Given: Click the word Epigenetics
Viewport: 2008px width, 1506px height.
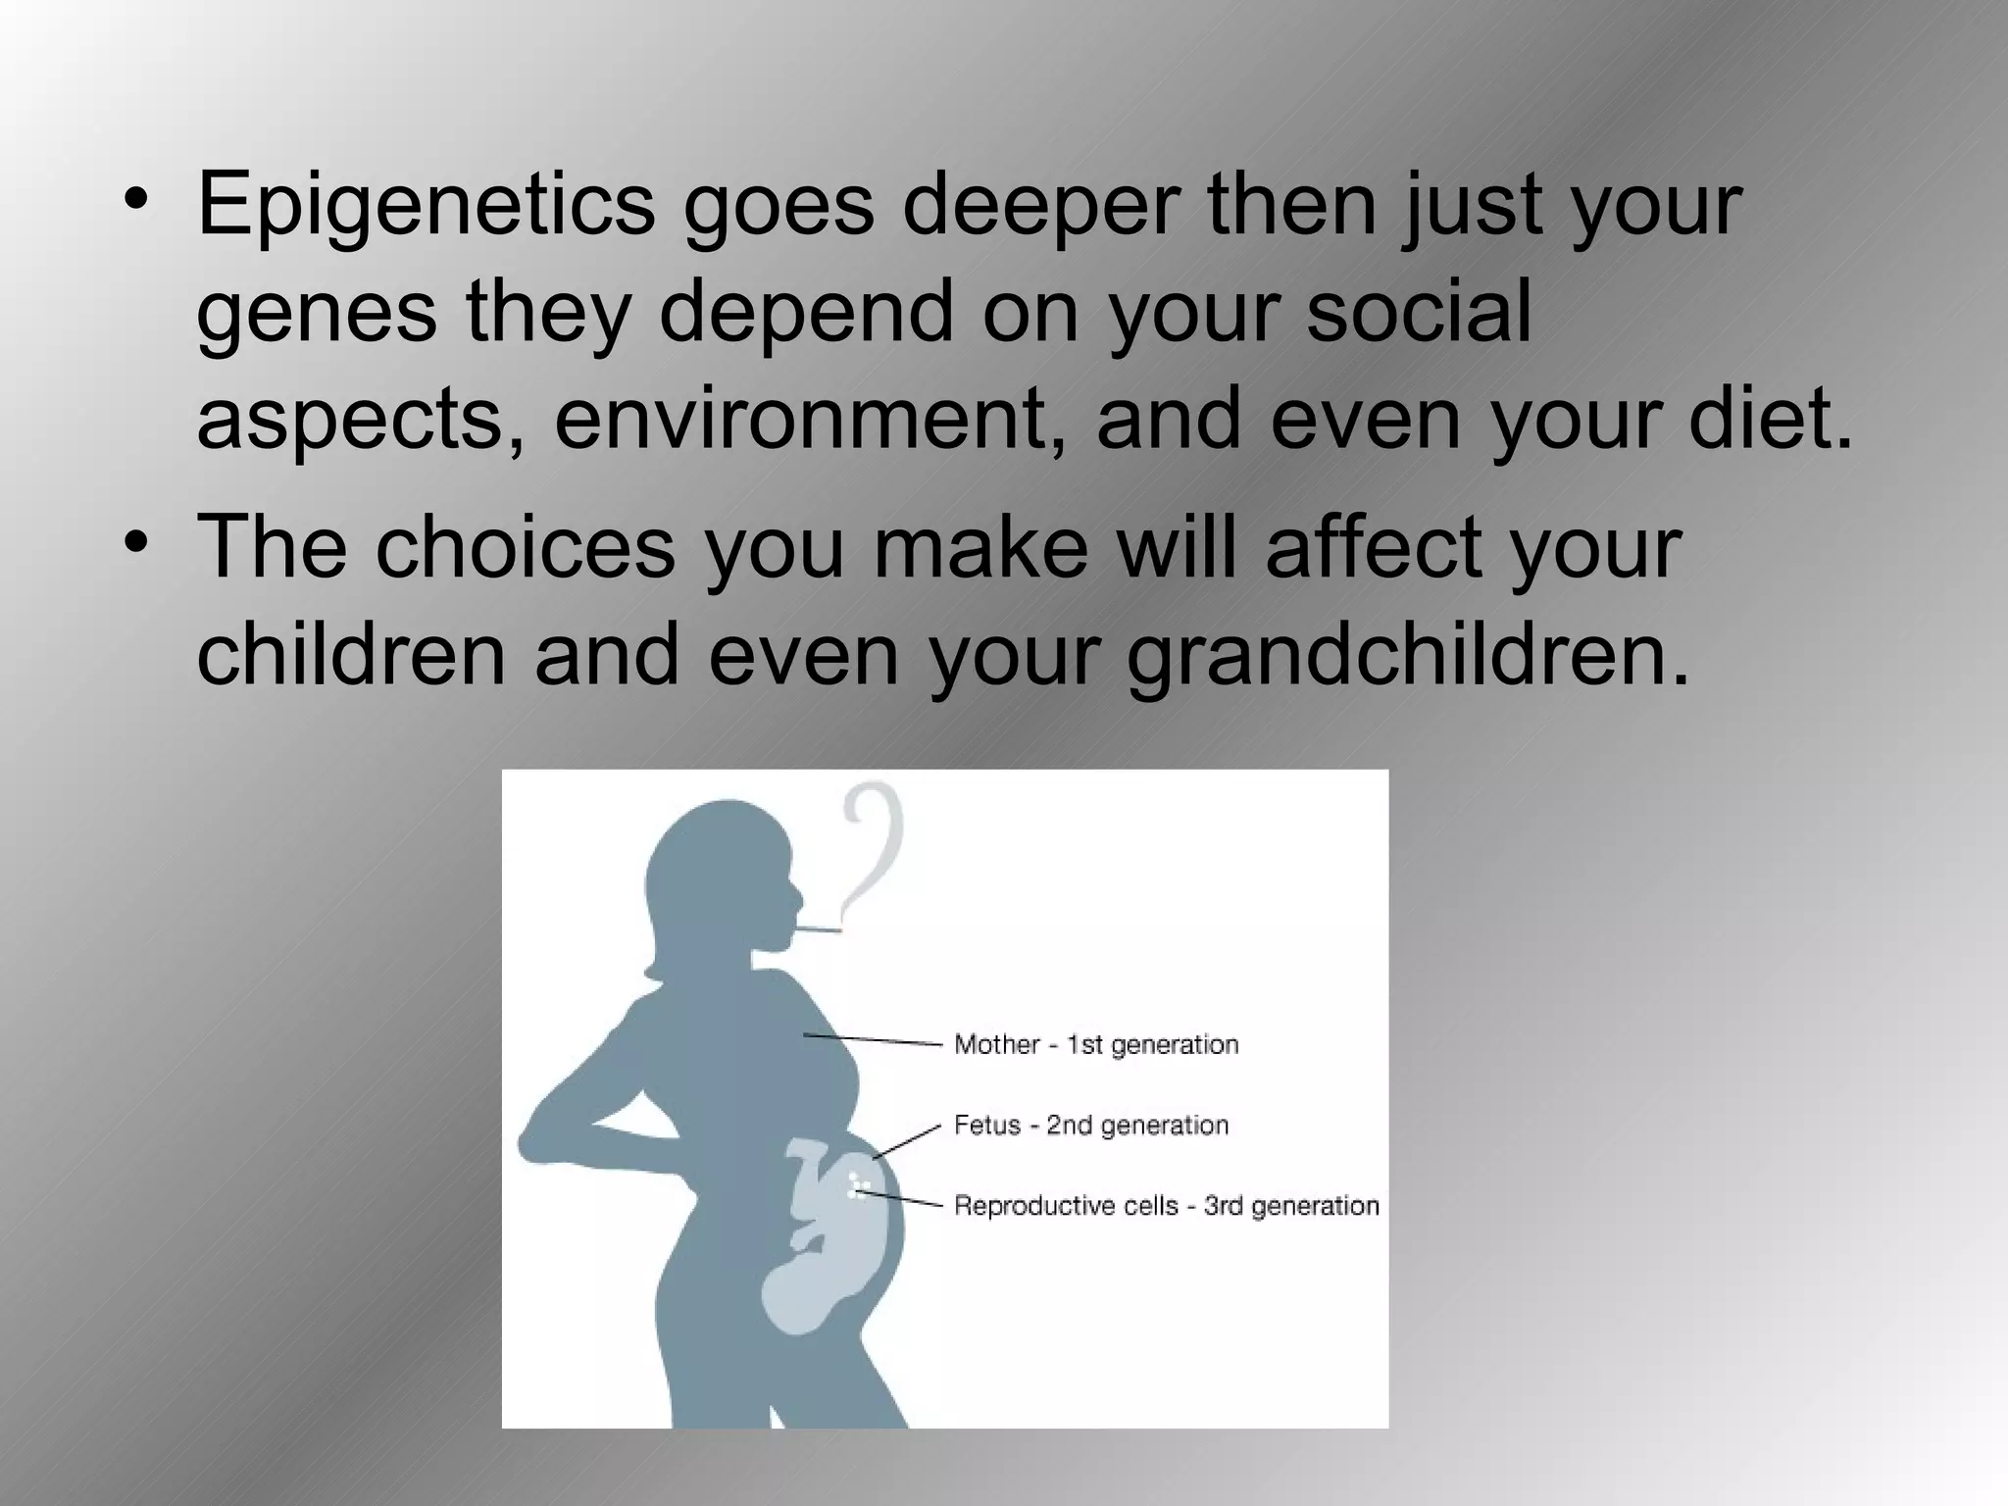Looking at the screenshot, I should tap(425, 206).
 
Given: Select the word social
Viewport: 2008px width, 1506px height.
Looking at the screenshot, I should tap(1418, 311).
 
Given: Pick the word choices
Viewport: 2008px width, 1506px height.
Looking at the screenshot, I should tap(525, 548).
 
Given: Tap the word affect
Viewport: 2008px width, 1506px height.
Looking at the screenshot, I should tap(1373, 548).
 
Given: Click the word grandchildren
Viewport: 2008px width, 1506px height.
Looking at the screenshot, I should tap(1408, 656).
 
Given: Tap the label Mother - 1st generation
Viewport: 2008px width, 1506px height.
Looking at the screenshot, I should tap(1096, 1045).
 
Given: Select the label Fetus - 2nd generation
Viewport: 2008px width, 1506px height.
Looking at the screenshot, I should tap(1090, 1126).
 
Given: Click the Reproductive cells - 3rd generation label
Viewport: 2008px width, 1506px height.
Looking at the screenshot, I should tap(1166, 1206).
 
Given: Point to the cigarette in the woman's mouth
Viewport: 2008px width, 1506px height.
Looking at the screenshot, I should tap(818, 928).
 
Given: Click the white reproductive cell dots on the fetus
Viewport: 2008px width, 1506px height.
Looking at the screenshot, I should tap(858, 1187).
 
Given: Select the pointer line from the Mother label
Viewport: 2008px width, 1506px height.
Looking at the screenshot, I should tap(873, 1039).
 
